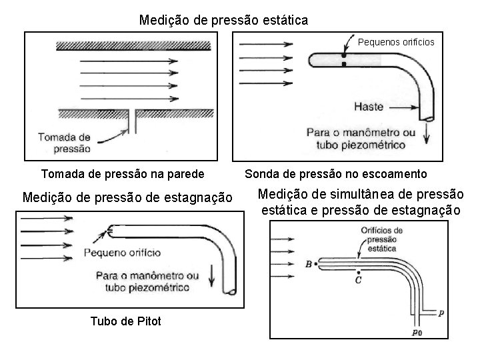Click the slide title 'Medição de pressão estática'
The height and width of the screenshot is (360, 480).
coord(223,20)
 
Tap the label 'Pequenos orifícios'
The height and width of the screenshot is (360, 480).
coord(396,42)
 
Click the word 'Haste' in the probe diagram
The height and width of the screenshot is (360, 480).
coord(369,106)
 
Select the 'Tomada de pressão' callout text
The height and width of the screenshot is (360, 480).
coord(64,142)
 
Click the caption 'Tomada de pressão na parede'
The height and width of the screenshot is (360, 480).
coord(123,174)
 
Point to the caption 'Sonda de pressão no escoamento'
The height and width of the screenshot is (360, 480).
coord(335,174)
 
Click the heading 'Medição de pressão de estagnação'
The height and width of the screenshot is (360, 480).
coord(127,197)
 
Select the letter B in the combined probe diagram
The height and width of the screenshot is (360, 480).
coord(309,264)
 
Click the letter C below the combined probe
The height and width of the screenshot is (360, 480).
coord(359,281)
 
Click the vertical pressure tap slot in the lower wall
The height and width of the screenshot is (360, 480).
coord(135,121)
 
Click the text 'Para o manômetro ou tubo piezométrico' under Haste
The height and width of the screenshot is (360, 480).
coord(360,138)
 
